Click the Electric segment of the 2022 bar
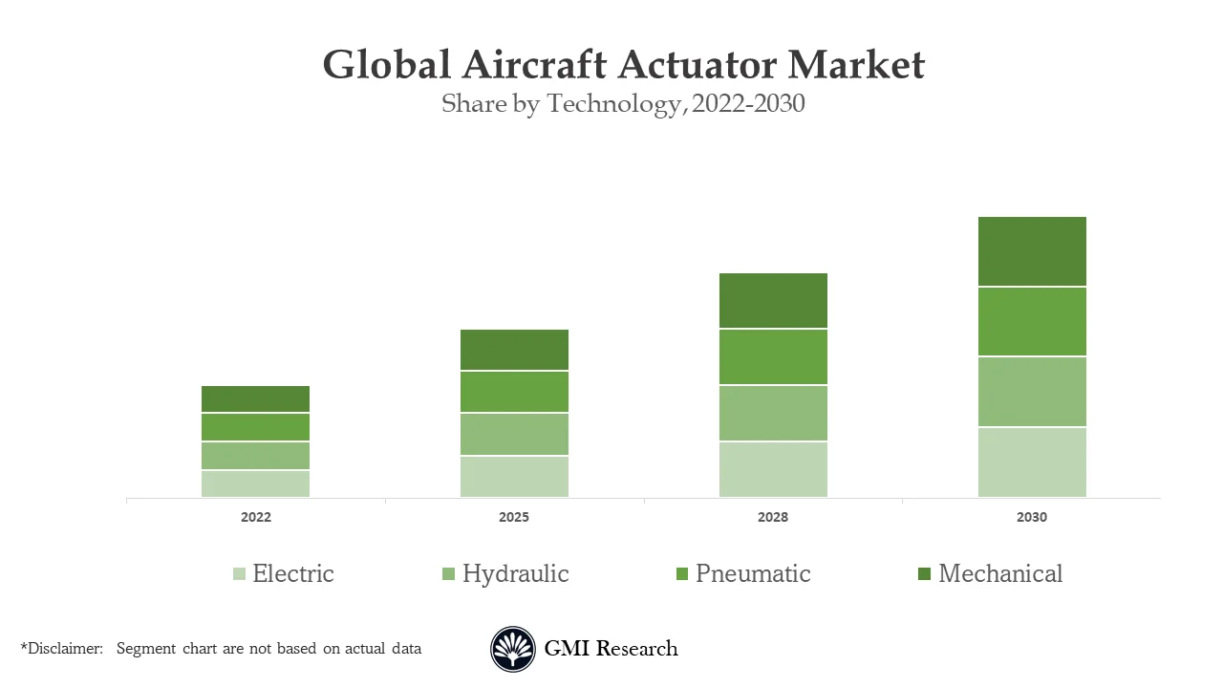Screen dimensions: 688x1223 (255, 484)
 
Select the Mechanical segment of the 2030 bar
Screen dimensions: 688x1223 (1032, 251)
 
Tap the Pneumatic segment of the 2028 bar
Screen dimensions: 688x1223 (773, 357)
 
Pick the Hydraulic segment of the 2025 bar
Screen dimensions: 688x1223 (514, 435)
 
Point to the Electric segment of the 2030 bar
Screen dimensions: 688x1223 (1032, 462)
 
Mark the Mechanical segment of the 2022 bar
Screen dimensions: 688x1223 (255, 399)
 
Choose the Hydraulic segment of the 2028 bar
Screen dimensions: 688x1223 (773, 414)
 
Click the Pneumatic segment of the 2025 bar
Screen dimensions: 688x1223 (514, 392)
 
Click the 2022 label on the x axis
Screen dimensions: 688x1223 (255, 518)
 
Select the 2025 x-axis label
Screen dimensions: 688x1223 (514, 518)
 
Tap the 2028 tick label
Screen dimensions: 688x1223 (773, 518)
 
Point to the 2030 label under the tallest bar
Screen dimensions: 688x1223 (1032, 518)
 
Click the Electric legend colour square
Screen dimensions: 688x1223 (239, 574)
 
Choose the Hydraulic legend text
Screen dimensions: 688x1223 (515, 574)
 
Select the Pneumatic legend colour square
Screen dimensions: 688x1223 (682, 574)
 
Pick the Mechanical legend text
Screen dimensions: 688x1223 (1000, 574)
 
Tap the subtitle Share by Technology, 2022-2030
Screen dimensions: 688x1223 (623, 104)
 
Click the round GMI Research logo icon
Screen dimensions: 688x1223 (513, 650)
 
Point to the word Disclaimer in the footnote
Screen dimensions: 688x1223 (64, 649)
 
